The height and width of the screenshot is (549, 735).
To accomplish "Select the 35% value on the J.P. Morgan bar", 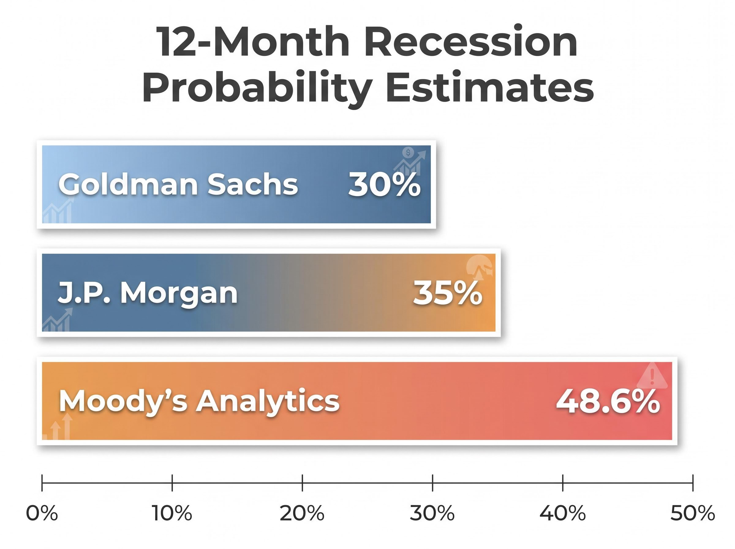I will click(447, 293).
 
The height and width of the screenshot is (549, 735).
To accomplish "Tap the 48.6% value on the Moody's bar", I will click(608, 402).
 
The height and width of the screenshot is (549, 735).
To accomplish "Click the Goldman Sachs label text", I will click(178, 185).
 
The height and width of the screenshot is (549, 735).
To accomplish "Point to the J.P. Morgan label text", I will click(148, 293).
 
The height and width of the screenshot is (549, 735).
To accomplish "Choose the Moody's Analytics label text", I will click(199, 401).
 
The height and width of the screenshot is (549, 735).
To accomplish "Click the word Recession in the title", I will click(471, 43).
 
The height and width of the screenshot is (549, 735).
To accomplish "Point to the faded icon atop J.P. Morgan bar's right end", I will click(479, 267).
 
